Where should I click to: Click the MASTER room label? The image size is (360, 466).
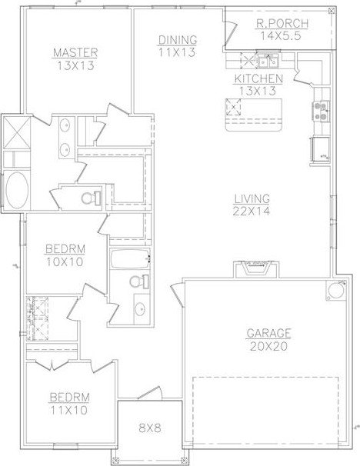pos(75,52)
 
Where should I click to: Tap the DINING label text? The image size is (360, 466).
pos(178,40)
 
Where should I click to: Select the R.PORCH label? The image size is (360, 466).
pos(282,24)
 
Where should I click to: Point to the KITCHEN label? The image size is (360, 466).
pos(258,78)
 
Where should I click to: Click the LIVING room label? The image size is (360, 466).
pos(252,199)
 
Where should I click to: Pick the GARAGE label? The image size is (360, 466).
pos(268,333)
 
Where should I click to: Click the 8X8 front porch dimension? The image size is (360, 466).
pos(150,428)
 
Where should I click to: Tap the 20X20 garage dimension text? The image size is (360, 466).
pos(268,346)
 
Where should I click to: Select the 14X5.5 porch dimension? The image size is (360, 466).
pos(281,36)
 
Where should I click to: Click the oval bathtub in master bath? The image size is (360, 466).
pos(17,190)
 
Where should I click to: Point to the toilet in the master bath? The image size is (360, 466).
pos(92,198)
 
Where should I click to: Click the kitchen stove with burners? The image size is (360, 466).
pos(321,112)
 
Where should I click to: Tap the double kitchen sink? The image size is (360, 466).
pos(268,62)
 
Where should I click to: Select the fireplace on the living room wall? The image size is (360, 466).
pos(256,270)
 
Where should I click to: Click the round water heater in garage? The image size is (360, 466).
pos(336,291)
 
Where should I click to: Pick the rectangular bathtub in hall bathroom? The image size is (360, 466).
pos(130,259)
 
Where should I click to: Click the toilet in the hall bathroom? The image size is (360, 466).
pos(139,281)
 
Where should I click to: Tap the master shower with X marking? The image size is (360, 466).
pos(17,132)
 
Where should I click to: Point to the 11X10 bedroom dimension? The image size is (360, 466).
pos(69,411)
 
